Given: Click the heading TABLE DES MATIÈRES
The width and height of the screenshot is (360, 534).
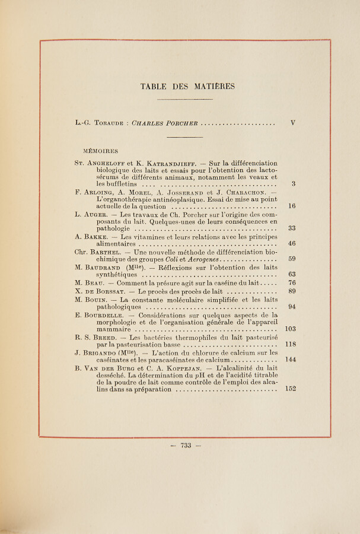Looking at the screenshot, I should [x=187, y=87].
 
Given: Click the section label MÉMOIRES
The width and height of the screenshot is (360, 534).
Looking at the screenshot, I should [x=101, y=151].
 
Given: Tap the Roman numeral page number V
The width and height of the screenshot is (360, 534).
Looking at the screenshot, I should [x=293, y=123].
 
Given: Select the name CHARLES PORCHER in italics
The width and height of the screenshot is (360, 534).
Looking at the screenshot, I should [x=165, y=124].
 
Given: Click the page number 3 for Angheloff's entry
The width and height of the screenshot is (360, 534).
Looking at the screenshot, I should [x=294, y=184].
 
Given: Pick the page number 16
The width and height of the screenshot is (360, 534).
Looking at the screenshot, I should [x=291, y=206].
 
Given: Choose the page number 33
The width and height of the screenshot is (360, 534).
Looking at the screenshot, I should [x=291, y=228].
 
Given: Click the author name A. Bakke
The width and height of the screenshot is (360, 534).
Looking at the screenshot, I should [x=91, y=236].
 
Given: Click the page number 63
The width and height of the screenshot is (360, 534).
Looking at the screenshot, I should [x=291, y=274].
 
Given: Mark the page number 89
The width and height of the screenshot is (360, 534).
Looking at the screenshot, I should [x=291, y=291].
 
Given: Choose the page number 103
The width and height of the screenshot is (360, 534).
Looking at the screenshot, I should [x=290, y=329].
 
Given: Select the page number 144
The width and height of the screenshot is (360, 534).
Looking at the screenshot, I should [x=290, y=360].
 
